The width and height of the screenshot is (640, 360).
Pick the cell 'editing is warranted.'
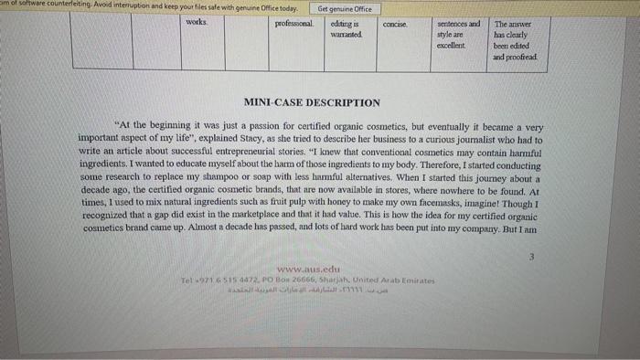click(x=346, y=28)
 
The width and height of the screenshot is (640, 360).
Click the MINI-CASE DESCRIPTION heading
click(x=312, y=103)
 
